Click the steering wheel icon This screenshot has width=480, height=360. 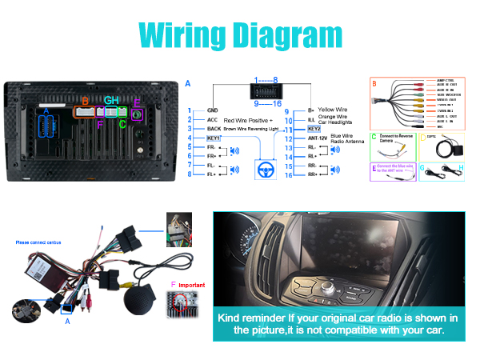point(262,170)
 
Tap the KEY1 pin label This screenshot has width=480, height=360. point(214,138)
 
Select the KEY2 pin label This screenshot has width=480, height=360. point(314,128)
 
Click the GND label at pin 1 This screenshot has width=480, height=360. point(213,110)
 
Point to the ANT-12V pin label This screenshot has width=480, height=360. point(318,138)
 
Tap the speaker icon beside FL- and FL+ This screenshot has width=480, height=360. point(234,170)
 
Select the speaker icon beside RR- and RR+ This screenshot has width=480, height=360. point(335,170)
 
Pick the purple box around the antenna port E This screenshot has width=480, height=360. point(138,114)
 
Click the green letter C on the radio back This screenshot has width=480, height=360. point(122,124)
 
